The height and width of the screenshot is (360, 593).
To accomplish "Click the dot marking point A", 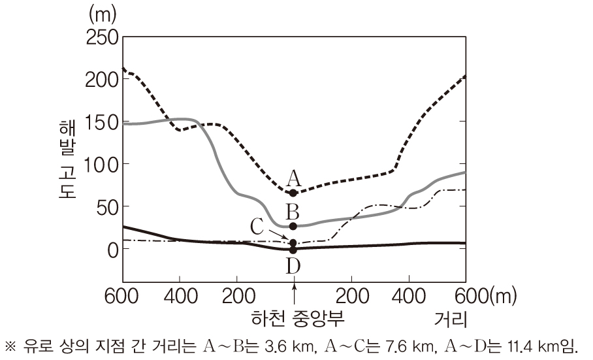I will click(293, 193).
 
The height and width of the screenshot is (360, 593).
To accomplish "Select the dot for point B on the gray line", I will click(293, 226).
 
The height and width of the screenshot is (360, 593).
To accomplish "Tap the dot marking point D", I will click(293, 250).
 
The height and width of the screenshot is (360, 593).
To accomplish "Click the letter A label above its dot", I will click(293, 177).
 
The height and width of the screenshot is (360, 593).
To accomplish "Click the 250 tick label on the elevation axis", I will click(101, 37).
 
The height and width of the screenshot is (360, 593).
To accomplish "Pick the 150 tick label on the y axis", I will click(101, 122).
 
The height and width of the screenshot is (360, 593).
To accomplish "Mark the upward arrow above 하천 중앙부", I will click(295, 298).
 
